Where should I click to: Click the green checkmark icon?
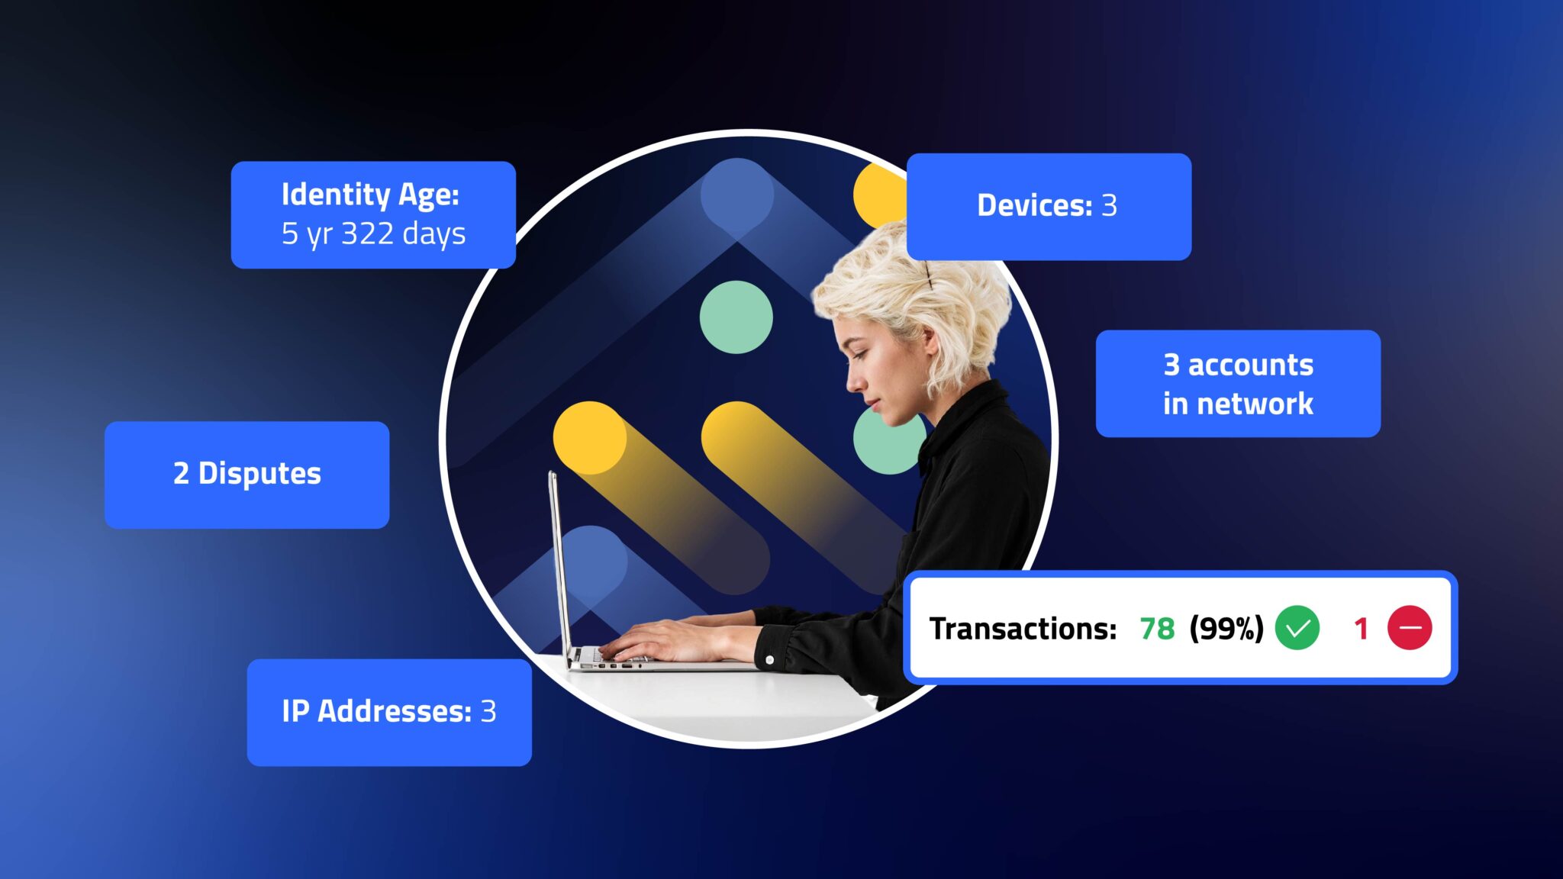tap(1297, 628)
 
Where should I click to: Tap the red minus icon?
tap(1409, 628)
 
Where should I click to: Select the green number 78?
tap(1156, 629)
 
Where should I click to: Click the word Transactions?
tap(1023, 629)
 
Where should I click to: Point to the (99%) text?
tap(1226, 629)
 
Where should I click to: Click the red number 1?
tap(1360, 629)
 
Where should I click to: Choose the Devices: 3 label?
tap(1047, 205)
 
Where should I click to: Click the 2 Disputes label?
tap(247, 474)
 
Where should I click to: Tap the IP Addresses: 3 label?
tap(388, 711)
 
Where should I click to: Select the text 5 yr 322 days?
tap(373, 233)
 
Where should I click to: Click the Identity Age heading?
tap(370, 195)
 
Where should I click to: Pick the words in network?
tap(1238, 404)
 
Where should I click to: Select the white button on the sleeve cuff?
tap(769, 659)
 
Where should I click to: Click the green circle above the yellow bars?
tap(736, 317)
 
